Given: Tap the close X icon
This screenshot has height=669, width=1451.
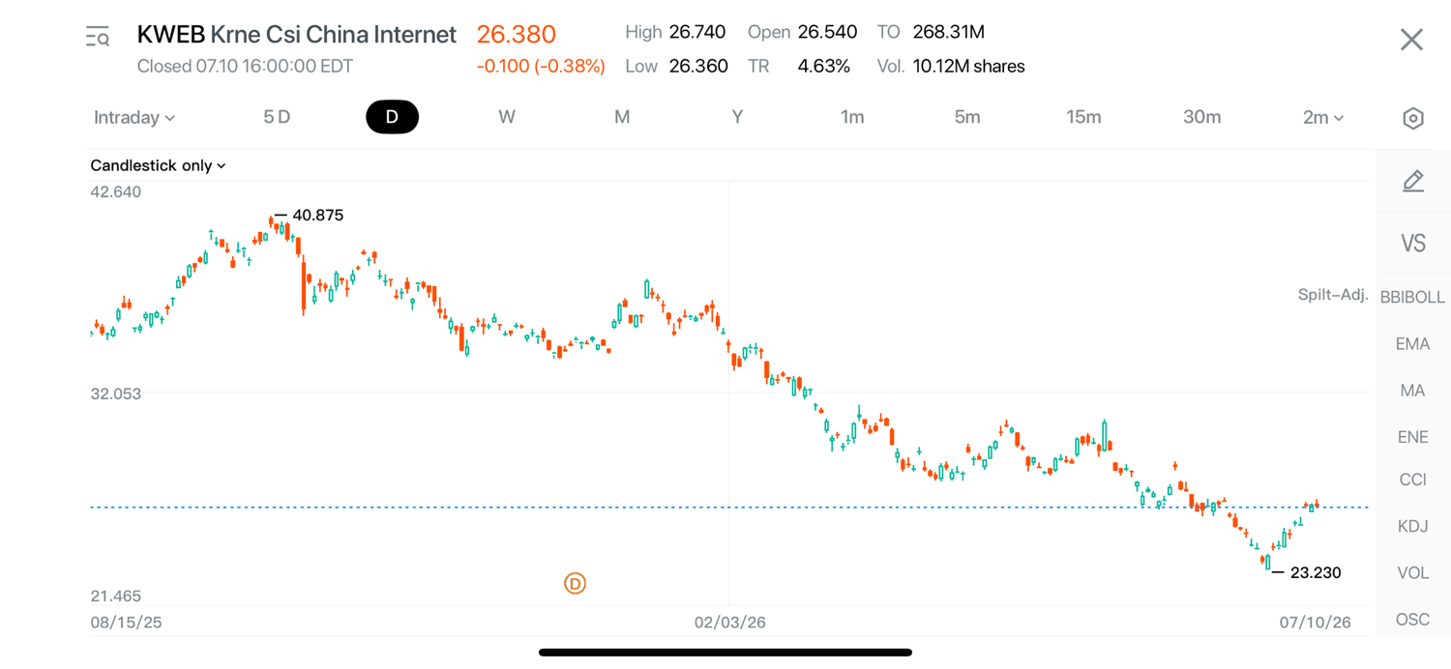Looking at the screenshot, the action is (1410, 40).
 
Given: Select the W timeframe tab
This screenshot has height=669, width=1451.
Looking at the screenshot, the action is (507, 117).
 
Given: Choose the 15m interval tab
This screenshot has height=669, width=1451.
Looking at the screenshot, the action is (1083, 117).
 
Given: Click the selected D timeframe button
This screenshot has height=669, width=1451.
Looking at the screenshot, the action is (392, 117).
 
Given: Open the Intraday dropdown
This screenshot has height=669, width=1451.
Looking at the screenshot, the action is (134, 117).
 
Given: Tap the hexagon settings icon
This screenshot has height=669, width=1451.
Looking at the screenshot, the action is (1412, 119).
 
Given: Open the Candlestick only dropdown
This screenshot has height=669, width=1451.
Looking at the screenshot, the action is (158, 165).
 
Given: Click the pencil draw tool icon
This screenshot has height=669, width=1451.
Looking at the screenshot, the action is (1412, 182).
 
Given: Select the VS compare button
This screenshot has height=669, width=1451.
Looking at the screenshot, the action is (1412, 244).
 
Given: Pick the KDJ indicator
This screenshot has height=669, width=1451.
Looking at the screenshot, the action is (1412, 526).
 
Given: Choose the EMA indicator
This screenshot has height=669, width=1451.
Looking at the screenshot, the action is (1412, 344).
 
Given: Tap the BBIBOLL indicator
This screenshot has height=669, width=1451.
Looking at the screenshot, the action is (1412, 297).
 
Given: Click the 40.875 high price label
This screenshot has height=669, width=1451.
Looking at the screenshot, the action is (317, 215).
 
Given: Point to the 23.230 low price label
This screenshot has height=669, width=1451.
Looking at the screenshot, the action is (1316, 572).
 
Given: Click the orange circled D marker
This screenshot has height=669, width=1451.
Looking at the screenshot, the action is (575, 584).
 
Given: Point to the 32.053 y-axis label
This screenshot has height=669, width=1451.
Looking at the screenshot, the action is (116, 393).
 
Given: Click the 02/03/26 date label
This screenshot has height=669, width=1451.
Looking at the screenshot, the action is (730, 623).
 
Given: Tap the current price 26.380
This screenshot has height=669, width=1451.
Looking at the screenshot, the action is (517, 35).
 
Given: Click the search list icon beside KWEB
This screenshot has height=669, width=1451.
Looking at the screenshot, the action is (98, 37).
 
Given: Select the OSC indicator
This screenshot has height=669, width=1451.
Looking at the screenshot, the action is (1412, 620).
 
